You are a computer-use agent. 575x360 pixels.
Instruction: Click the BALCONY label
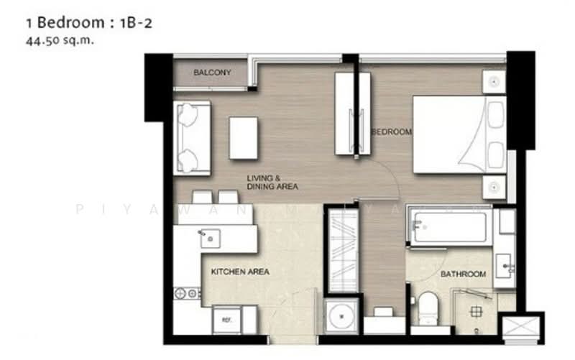[211, 73]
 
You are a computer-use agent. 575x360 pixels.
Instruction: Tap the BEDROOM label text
[392, 132]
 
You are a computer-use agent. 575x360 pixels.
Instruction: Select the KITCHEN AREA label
[240, 272]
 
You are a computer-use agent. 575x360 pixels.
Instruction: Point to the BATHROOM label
[463, 274]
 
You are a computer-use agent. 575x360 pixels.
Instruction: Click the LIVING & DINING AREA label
[272, 183]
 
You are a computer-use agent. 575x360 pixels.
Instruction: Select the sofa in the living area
[192, 138]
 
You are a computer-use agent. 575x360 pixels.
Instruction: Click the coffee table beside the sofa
[244, 137]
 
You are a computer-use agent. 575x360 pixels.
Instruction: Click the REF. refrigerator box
[226, 319]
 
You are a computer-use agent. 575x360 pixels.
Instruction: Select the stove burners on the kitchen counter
[187, 293]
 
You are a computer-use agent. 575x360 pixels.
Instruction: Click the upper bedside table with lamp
[494, 82]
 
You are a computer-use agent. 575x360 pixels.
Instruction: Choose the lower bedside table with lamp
[494, 188]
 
